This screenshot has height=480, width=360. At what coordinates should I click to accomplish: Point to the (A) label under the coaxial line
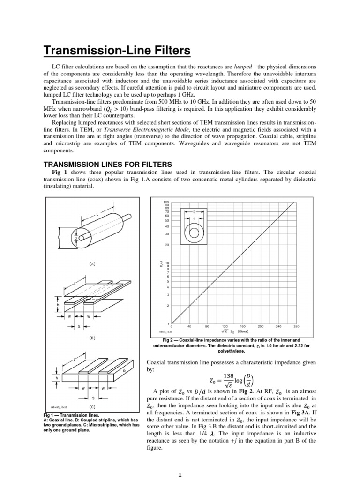(92, 264)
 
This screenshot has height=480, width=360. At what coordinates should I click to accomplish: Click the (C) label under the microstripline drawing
(92, 407)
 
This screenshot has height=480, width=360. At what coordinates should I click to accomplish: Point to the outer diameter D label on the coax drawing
(59, 237)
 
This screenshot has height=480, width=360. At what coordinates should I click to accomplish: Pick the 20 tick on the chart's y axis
(166, 245)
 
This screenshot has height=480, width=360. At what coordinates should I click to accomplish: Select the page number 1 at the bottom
(180, 474)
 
